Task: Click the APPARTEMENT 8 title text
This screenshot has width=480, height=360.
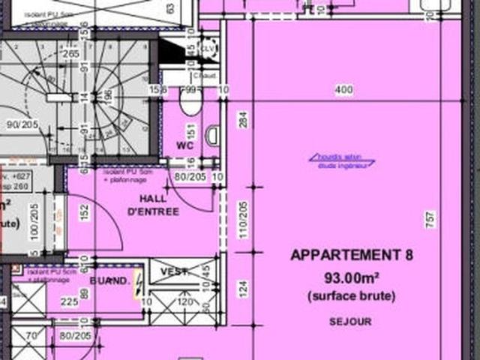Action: click(x=352, y=255)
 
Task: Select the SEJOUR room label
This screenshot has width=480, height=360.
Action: click(x=350, y=322)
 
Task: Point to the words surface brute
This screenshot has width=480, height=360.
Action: click(x=351, y=296)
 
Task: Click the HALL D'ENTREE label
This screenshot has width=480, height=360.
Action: click(x=153, y=204)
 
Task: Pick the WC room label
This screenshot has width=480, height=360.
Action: click(x=185, y=145)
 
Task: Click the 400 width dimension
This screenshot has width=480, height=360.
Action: click(x=343, y=91)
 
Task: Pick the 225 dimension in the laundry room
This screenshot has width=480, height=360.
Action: click(x=69, y=302)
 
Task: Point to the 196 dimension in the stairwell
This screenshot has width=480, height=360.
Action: click(x=109, y=97)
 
